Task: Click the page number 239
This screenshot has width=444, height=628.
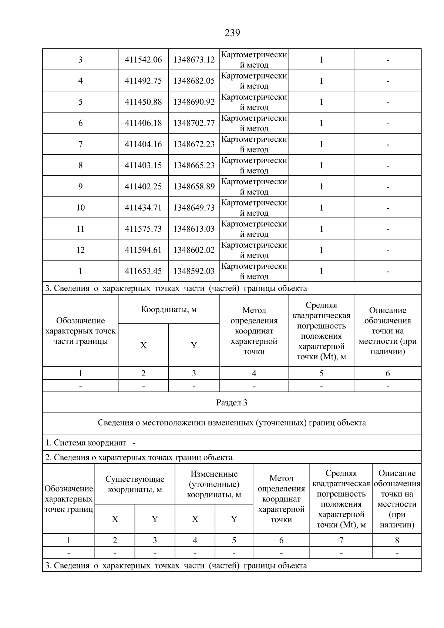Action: click(232, 33)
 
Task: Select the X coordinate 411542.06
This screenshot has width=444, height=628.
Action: click(143, 60)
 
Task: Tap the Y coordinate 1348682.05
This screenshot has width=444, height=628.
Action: click(194, 81)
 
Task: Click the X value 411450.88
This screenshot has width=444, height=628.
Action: click(143, 102)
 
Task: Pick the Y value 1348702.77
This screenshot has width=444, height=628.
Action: click(194, 123)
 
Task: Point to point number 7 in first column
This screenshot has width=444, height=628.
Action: click(80, 144)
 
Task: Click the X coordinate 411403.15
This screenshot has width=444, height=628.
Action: click(143, 165)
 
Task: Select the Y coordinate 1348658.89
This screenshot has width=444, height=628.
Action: click(194, 187)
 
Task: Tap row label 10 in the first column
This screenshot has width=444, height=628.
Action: click(80, 208)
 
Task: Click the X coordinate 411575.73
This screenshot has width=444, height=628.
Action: click(143, 229)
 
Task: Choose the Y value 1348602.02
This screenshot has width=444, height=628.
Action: click(194, 250)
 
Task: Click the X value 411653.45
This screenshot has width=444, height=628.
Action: click(143, 271)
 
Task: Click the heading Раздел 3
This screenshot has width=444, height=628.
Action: click(232, 403)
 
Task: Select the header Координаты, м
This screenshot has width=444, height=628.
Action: click(169, 309)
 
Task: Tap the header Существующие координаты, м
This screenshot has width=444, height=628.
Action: click(135, 484)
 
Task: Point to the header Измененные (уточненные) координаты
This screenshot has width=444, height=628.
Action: click(214, 484)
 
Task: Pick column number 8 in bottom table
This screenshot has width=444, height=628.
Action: click(397, 540)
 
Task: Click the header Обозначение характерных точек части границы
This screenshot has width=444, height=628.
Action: click(80, 331)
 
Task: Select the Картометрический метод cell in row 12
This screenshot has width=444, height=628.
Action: click(254, 250)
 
